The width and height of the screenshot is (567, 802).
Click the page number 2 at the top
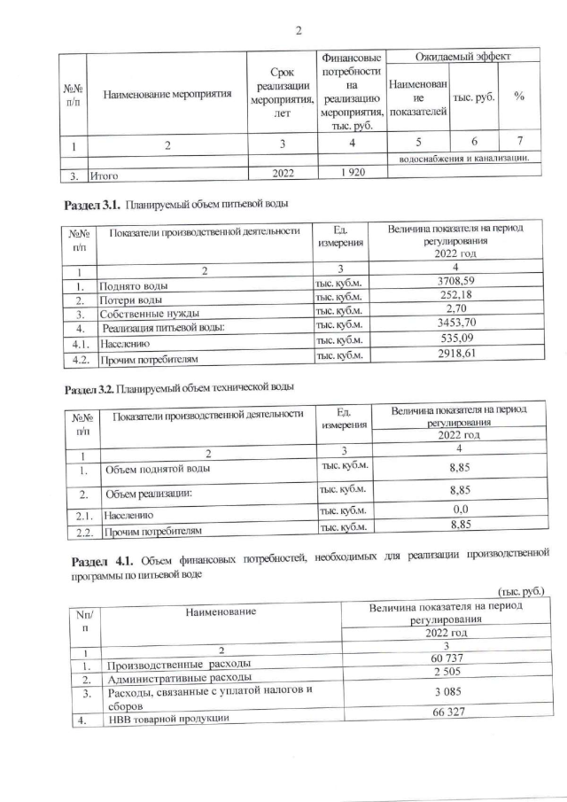click(299, 31)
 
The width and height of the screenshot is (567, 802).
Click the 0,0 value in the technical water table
click(459, 511)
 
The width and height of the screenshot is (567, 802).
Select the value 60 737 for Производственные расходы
click(449, 660)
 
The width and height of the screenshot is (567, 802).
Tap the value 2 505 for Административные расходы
click(449, 675)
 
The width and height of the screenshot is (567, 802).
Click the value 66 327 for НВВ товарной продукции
click(449, 714)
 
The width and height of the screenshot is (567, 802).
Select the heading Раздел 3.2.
click(92, 389)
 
